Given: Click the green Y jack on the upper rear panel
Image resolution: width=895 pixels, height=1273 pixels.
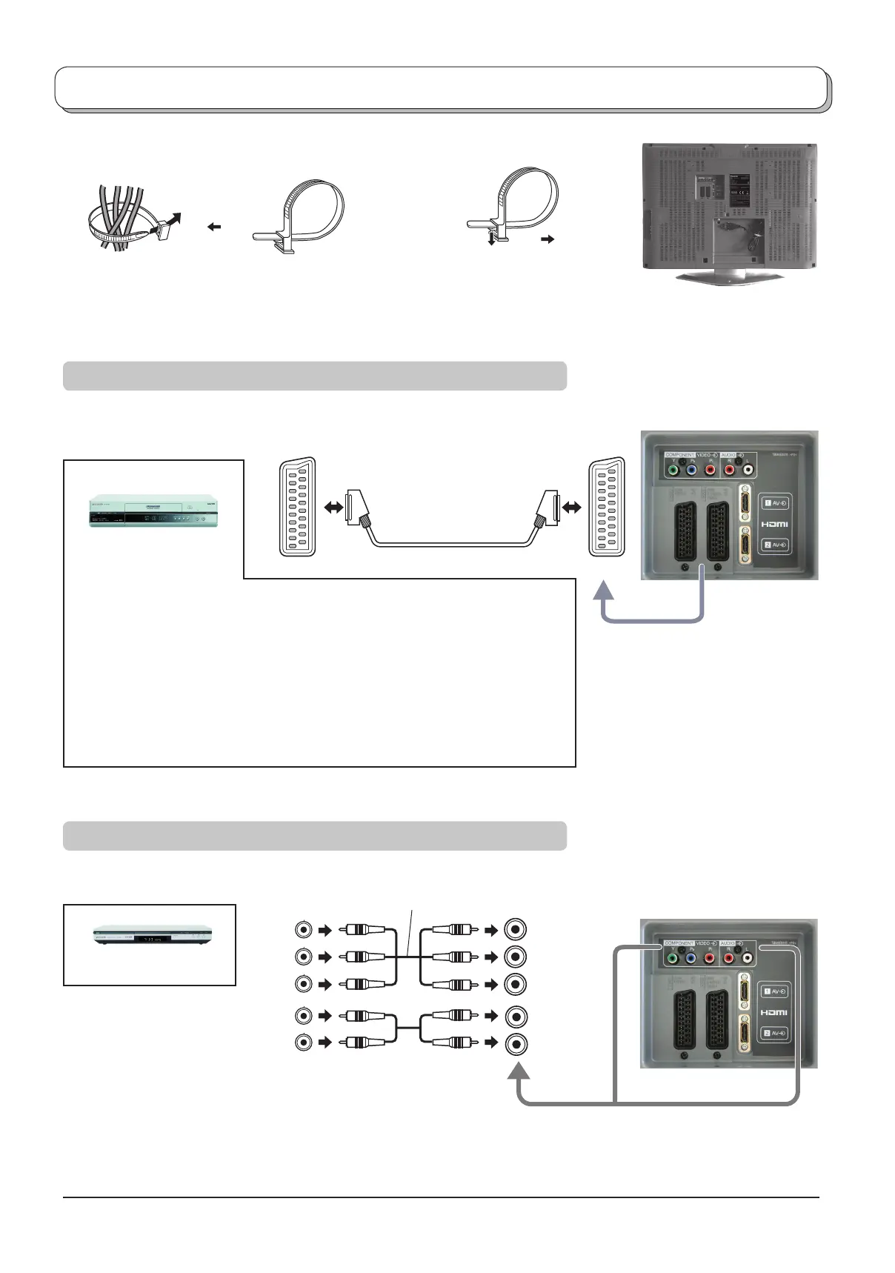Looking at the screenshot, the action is [x=672, y=469].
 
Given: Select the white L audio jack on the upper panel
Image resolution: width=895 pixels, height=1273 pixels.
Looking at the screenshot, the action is [x=747, y=469].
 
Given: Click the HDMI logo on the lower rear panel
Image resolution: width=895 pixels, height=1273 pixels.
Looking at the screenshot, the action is [x=774, y=1012].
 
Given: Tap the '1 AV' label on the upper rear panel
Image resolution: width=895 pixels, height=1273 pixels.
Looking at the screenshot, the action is [x=775, y=503].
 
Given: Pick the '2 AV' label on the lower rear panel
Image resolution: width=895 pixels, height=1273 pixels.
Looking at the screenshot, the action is [x=775, y=1033].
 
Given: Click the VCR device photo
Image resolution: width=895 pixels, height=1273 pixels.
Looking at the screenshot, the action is [x=153, y=511].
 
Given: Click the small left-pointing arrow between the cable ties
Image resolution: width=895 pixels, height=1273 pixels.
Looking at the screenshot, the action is [x=215, y=227].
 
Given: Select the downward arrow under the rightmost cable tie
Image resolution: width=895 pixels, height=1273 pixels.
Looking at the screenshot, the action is [x=491, y=239].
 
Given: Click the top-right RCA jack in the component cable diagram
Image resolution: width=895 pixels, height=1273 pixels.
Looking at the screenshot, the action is [x=516, y=929].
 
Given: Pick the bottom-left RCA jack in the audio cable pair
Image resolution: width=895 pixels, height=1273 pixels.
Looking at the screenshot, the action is [x=303, y=1042].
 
